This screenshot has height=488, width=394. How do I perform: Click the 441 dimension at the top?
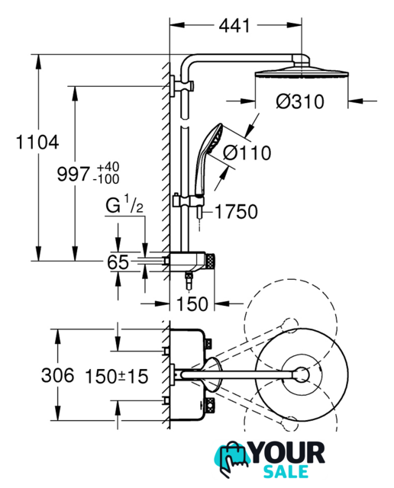tap(234, 25)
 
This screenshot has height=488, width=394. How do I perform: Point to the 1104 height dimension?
tap(37, 143)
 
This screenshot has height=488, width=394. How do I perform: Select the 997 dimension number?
tap(73, 174)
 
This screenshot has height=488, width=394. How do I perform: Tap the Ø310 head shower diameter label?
tap(300, 101)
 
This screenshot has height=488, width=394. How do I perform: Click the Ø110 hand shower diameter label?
tap(247, 152)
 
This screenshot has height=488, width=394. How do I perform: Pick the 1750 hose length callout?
tap(236, 212)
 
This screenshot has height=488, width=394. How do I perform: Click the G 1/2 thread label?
tap(124, 204)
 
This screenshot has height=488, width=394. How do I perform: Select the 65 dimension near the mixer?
tap(118, 262)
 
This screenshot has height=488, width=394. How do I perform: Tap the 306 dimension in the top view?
tap(58, 375)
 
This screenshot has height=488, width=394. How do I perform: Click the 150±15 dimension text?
tap(117, 376)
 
